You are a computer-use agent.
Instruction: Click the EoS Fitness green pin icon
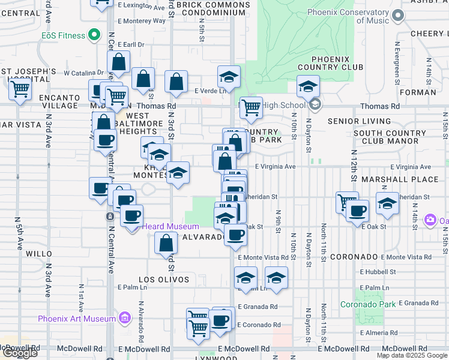(93, 35)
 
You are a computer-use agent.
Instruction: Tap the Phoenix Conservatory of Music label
(348, 16)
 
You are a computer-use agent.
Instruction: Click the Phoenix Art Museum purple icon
(125, 317)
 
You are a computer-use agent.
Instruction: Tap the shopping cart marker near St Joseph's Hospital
(20, 90)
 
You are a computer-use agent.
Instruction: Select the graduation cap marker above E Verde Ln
(228, 77)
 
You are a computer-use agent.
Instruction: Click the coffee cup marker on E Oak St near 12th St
(358, 211)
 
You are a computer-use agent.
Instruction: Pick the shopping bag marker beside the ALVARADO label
(166, 244)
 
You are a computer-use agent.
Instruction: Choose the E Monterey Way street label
(142, 20)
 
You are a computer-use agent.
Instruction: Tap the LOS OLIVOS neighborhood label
(164, 280)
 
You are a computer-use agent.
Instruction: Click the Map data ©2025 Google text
(412, 355)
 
